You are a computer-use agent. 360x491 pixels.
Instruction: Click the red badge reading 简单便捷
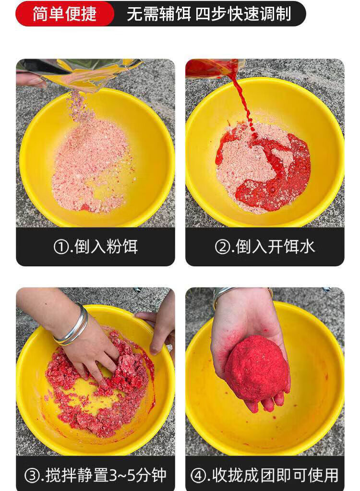pos(65,14)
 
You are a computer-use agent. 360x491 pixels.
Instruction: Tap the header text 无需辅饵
pos(159,14)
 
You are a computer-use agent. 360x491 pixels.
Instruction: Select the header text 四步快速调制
pos(243,14)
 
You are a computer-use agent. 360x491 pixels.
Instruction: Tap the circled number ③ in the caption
pos(32,476)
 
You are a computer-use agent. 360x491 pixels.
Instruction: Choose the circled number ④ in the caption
pos(198,476)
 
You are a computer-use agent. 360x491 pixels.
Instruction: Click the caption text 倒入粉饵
pos(106,247)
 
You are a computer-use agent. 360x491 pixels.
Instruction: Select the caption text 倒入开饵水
pos(275,247)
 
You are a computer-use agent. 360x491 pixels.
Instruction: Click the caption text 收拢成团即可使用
pos(276,476)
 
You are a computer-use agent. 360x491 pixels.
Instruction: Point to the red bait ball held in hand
pos(256,368)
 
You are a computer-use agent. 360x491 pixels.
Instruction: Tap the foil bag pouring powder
pos(80,74)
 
